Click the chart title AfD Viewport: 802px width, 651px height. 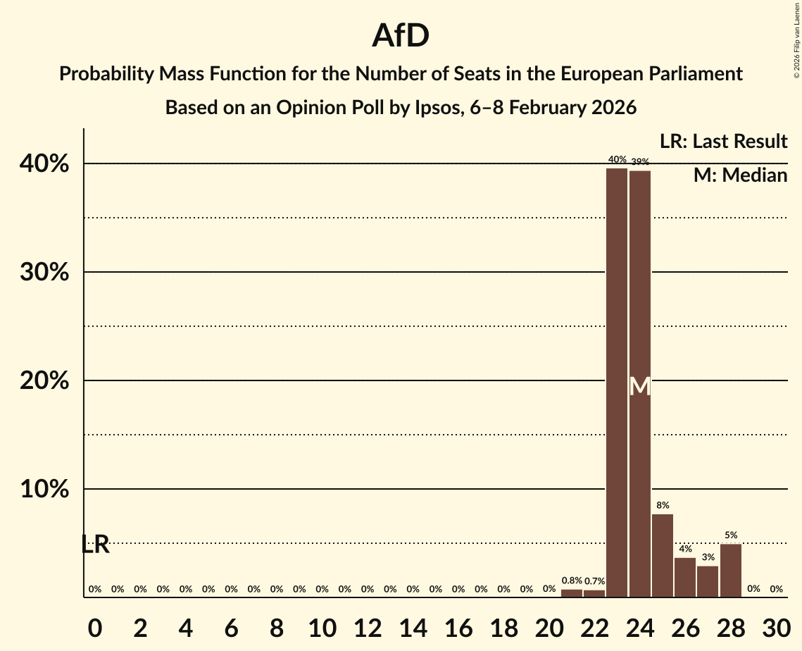click(x=401, y=36)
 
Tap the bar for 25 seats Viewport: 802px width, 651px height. click(x=663, y=556)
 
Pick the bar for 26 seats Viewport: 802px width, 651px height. click(x=685, y=578)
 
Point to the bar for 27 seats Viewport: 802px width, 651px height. click(x=708, y=582)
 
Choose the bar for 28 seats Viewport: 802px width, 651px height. click(x=730, y=571)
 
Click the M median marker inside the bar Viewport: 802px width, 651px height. click(x=639, y=386)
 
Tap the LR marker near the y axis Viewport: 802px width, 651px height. click(x=95, y=544)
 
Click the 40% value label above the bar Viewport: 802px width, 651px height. click(x=617, y=160)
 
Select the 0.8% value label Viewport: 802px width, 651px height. click(x=572, y=581)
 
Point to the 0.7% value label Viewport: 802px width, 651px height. click(x=594, y=581)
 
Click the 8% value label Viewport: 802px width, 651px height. click(x=663, y=506)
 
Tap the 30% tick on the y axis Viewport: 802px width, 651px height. click(x=49, y=273)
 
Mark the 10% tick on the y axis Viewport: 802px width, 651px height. click(x=49, y=490)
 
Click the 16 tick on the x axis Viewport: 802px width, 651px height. click(x=458, y=626)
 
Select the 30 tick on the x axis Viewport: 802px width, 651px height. click(x=776, y=626)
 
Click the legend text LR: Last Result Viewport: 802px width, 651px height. click(x=723, y=142)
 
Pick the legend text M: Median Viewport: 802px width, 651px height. click(x=740, y=175)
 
